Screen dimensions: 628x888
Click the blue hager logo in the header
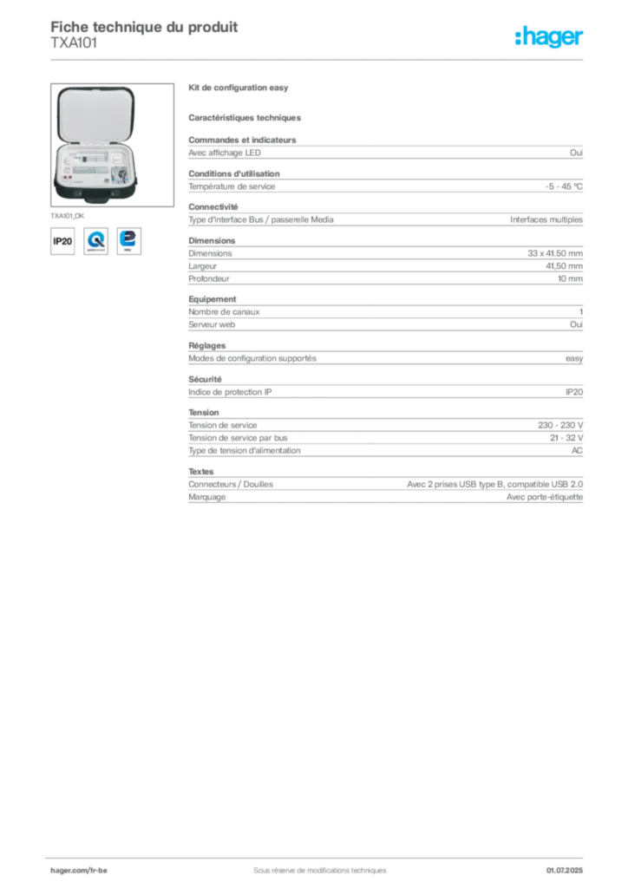point(550,37)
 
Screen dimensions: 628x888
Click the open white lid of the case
point(96,113)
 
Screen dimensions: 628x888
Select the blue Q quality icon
point(95,240)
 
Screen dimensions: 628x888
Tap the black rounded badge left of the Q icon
point(62,240)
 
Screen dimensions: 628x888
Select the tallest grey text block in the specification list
point(385,440)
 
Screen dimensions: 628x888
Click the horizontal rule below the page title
point(318,59)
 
